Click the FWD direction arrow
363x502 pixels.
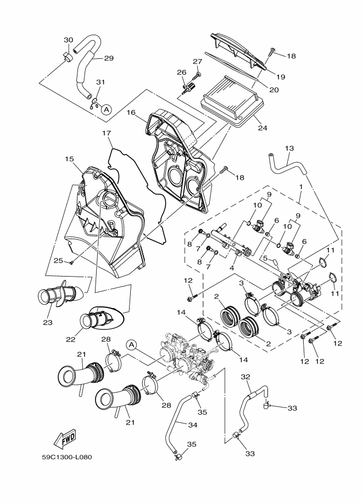click(x=64, y=438)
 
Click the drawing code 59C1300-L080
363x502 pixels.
click(x=67, y=457)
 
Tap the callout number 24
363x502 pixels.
click(x=263, y=128)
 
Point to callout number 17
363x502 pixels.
click(x=106, y=133)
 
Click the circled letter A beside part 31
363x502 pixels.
click(x=106, y=109)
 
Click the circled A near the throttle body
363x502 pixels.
click(x=131, y=345)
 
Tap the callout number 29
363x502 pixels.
click(x=109, y=58)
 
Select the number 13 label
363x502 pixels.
click(x=289, y=148)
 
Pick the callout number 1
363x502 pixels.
click(x=300, y=186)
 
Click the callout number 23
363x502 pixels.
click(x=48, y=323)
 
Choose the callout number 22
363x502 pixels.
click(x=70, y=339)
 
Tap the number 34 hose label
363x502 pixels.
click(x=193, y=425)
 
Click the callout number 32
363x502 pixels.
click(x=245, y=377)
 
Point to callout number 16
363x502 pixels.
click(x=131, y=113)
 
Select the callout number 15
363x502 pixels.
click(x=69, y=159)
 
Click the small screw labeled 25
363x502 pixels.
click(x=71, y=263)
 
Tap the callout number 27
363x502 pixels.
click(x=197, y=62)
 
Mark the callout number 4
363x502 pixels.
click(x=232, y=267)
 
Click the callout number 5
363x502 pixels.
click(x=265, y=258)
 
